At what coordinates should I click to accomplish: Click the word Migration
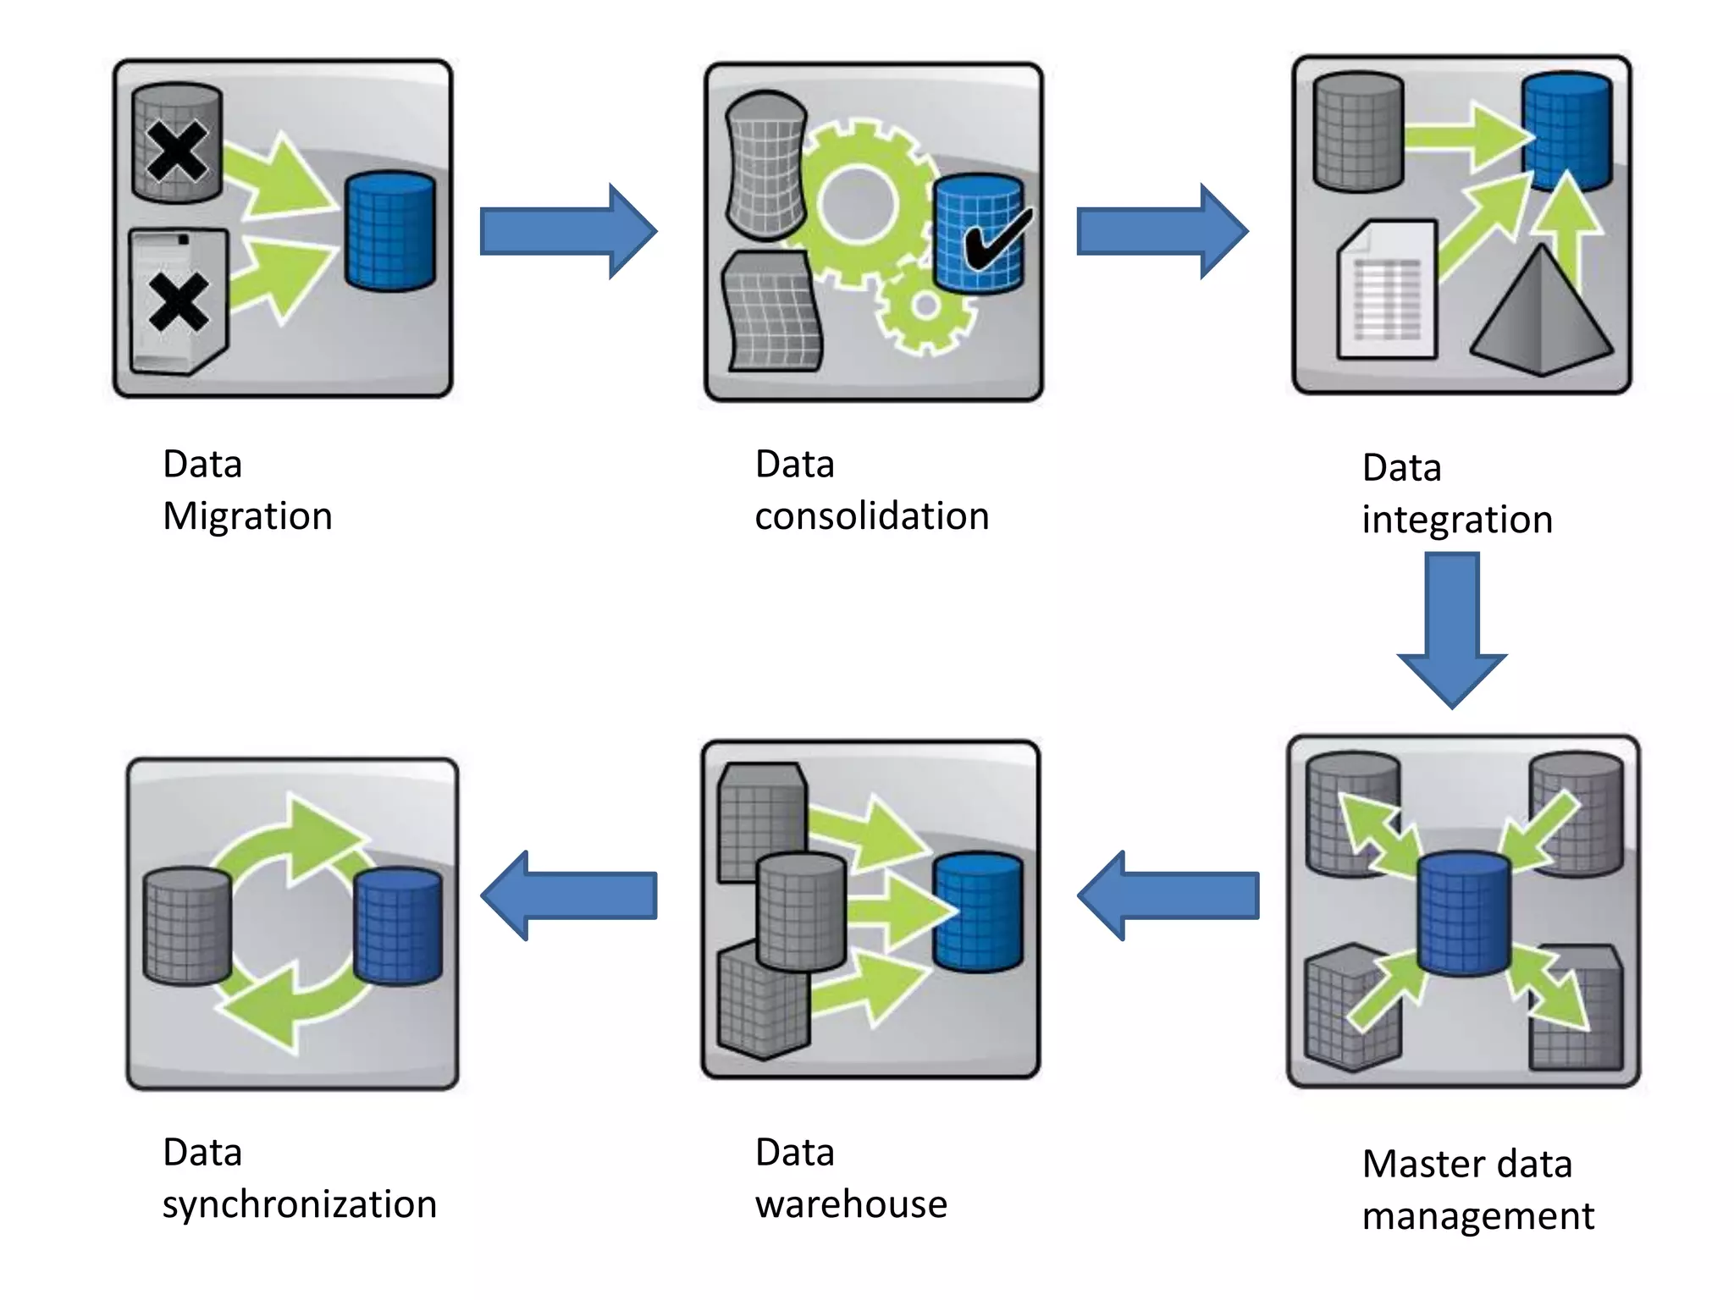tap(247, 516)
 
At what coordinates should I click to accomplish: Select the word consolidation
tap(871, 516)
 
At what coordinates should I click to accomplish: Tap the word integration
tap(1456, 520)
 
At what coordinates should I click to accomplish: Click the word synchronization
tap(300, 1204)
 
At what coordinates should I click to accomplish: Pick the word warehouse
tap(851, 1204)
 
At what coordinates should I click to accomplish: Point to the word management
tap(1477, 1216)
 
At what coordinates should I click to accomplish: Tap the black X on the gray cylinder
tap(176, 151)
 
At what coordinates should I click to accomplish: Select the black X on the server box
tap(179, 302)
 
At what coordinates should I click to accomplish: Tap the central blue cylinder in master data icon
tap(1464, 914)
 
